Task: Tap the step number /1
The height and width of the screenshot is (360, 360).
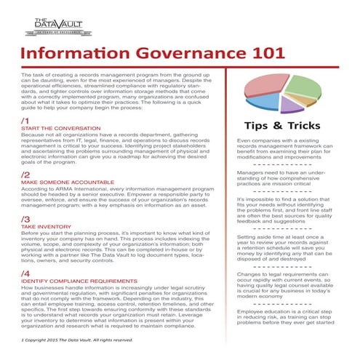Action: [25, 121]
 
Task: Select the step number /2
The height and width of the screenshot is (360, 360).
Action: [25, 175]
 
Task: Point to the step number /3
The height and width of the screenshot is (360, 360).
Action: [25, 218]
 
